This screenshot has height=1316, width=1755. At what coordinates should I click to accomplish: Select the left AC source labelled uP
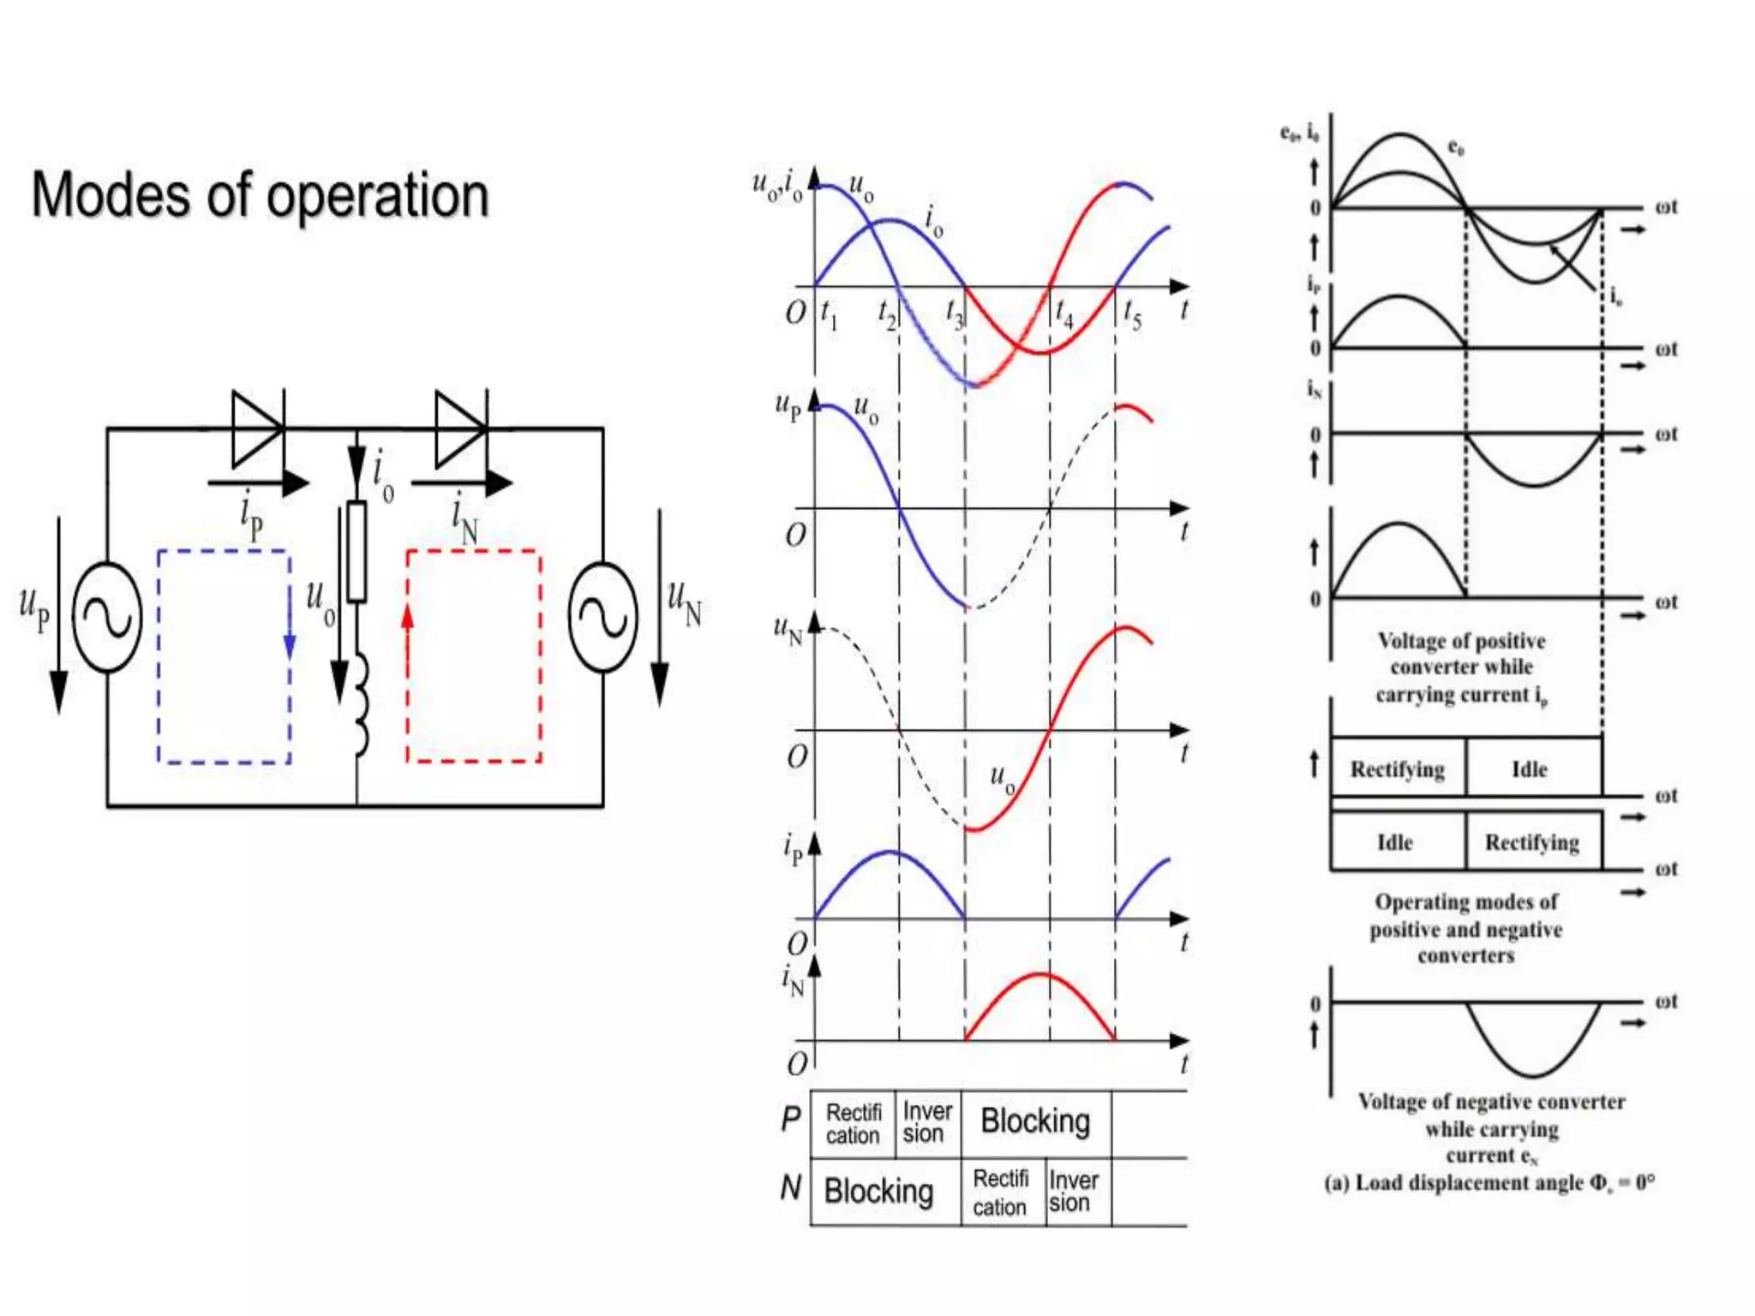tap(107, 617)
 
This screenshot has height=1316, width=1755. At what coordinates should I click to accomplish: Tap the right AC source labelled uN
tap(602, 617)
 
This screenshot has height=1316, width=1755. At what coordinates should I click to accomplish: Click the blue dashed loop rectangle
tap(224, 656)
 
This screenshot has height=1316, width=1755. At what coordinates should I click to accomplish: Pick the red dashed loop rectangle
tap(473, 656)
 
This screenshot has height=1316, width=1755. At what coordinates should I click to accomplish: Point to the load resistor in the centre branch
tap(356, 551)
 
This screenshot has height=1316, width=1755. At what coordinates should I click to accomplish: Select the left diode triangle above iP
tap(256, 428)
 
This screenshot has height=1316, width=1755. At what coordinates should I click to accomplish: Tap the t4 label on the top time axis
tap(1063, 314)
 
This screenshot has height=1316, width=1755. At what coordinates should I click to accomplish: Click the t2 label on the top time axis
tap(887, 314)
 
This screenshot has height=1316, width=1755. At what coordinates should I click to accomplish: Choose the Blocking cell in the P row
tap(1035, 1122)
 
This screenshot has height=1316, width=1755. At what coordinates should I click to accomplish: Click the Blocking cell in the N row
tap(878, 1192)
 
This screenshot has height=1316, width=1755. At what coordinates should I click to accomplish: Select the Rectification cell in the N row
tap(1000, 1192)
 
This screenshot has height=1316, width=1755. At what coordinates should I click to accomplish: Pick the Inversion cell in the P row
tap(926, 1122)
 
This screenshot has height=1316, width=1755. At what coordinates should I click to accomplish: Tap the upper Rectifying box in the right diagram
tap(1397, 769)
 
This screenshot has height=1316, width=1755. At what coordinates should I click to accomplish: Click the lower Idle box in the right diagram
tap(1395, 842)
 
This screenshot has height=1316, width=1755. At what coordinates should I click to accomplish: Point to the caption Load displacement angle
tap(1489, 1183)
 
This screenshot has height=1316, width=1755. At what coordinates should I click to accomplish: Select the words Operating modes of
tap(1466, 902)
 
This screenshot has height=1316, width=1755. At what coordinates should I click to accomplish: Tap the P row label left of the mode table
tap(790, 1119)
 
